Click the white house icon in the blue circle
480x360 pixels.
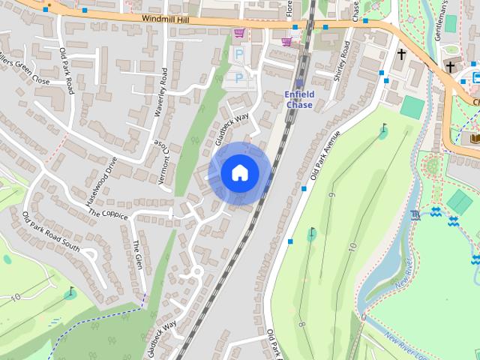point(239,173)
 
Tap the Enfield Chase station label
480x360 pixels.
point(299,99)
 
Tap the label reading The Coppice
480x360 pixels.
point(108,214)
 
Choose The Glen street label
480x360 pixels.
point(137,256)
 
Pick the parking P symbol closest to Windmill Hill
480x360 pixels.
point(239,55)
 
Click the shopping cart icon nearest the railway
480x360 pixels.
point(286,41)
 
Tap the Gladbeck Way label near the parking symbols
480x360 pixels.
point(231,128)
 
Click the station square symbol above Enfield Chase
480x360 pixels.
point(300,82)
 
